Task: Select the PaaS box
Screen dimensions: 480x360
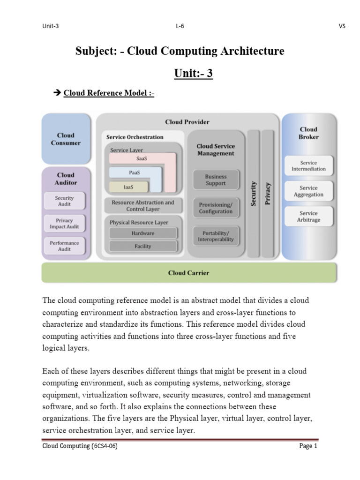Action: (135, 173)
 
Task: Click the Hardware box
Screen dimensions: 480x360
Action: (143, 233)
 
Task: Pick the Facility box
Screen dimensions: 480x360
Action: (143, 246)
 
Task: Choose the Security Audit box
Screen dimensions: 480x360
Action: (64, 202)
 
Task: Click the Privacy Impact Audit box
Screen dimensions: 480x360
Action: (64, 224)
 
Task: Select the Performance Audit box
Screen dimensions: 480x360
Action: (64, 246)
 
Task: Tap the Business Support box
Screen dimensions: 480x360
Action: (216, 180)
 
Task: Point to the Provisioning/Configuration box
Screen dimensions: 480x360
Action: (216, 208)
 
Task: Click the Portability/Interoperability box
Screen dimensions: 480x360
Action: (216, 236)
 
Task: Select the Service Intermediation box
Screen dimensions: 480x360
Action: (308, 166)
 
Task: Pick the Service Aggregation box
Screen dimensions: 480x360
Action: (308, 191)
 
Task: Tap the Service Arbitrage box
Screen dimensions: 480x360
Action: (308, 217)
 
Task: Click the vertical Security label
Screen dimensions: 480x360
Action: (254, 193)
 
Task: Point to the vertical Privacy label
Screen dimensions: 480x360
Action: (268, 193)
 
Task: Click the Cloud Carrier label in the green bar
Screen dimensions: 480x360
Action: (188, 273)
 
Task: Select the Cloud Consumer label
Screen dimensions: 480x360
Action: (66, 139)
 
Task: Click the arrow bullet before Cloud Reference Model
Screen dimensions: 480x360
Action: (58, 93)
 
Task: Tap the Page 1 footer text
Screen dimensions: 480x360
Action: (308, 446)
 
